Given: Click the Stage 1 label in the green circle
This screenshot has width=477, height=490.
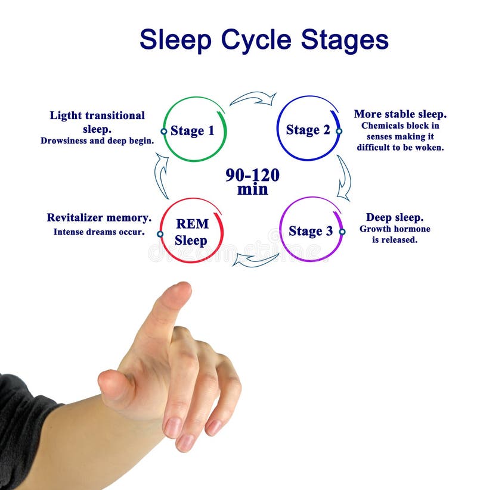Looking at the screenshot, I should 192,130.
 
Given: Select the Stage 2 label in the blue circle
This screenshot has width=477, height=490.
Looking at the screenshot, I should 308,130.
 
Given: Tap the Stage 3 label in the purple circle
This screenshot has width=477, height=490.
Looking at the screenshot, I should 311,231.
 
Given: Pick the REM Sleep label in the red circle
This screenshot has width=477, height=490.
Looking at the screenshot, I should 191,232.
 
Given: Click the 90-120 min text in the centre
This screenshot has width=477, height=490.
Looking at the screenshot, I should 252,182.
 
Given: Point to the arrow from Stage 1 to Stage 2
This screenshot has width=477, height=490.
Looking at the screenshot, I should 253,98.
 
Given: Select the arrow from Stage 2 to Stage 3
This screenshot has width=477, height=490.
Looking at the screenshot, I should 343,178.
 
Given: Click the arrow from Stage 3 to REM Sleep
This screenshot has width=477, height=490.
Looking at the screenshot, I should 255,259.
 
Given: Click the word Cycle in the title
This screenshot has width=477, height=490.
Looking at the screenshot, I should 257,40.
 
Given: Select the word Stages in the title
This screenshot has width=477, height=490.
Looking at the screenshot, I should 345,40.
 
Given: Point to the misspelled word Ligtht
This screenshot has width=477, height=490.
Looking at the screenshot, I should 66,116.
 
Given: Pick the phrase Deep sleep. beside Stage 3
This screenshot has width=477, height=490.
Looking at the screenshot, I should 395,217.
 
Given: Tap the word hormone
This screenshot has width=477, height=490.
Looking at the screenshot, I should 413,229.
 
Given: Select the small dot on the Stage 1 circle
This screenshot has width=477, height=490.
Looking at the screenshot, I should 163,131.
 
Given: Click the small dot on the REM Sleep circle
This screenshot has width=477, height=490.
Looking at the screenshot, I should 160,234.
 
